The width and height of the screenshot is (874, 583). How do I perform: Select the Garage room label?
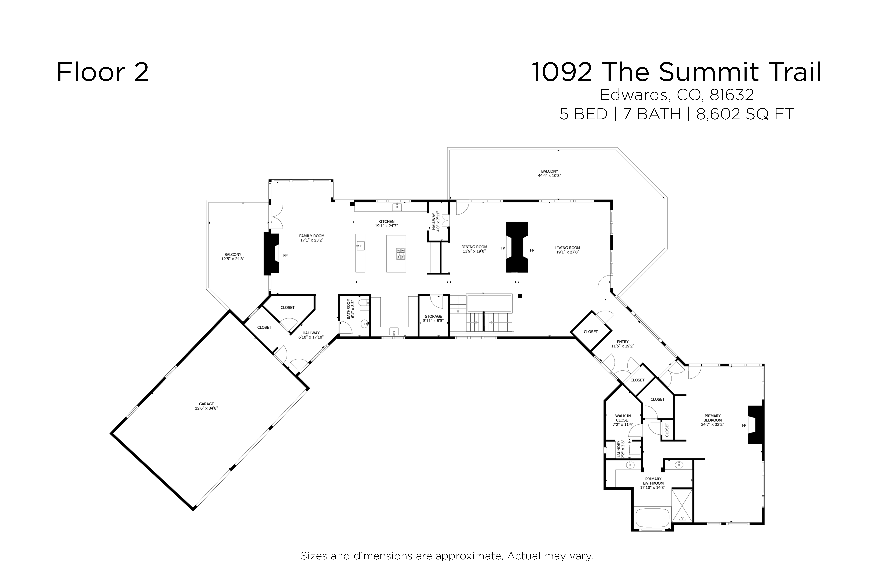(x=206, y=406)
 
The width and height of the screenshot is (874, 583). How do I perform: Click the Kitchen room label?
(x=386, y=223)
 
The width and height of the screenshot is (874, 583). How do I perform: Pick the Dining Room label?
(x=474, y=249)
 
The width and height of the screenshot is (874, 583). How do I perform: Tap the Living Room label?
(x=568, y=250)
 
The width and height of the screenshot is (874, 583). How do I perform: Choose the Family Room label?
(x=312, y=238)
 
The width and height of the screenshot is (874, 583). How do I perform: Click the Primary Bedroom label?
(x=712, y=420)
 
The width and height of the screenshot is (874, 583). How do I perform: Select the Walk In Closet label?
(x=623, y=420)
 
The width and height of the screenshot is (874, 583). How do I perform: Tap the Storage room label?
(x=433, y=318)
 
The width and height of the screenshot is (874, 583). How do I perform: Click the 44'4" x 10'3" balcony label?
(x=549, y=174)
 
